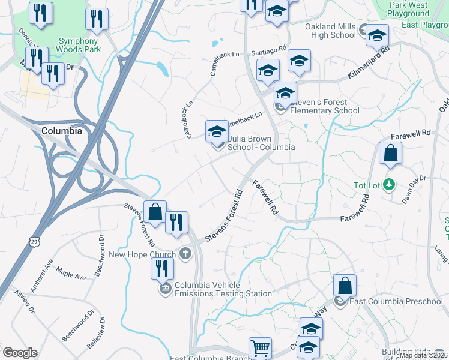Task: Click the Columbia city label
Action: (x=62, y=130)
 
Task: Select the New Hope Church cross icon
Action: (x=185, y=254)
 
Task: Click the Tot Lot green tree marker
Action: (x=390, y=185)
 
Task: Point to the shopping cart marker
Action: (x=260, y=348)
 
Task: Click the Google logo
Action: (x=20, y=353)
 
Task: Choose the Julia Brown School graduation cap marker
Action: (x=217, y=132)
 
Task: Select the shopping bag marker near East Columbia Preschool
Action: (x=345, y=286)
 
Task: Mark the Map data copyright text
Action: (x=424, y=355)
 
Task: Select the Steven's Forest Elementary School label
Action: (x=325, y=106)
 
